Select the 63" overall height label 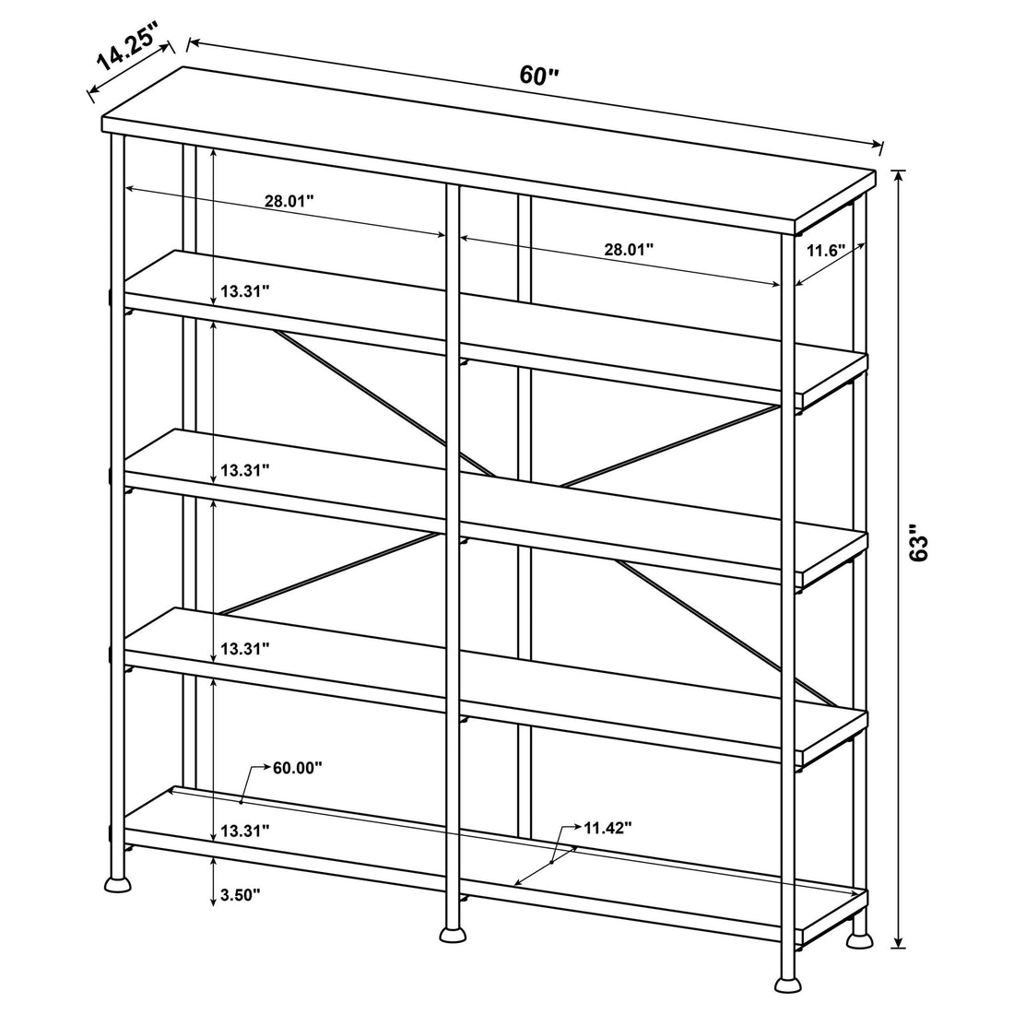(x=923, y=544)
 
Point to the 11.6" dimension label (x=827, y=250)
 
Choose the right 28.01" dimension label (x=629, y=249)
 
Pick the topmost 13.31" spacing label (x=244, y=291)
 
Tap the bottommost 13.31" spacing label (x=244, y=831)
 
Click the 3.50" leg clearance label (x=242, y=894)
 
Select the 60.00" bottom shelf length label (x=297, y=767)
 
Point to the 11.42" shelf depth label (x=607, y=828)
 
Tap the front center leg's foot (x=452, y=935)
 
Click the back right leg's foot (x=859, y=940)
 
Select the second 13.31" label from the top (x=244, y=470)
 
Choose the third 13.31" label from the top (x=244, y=649)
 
